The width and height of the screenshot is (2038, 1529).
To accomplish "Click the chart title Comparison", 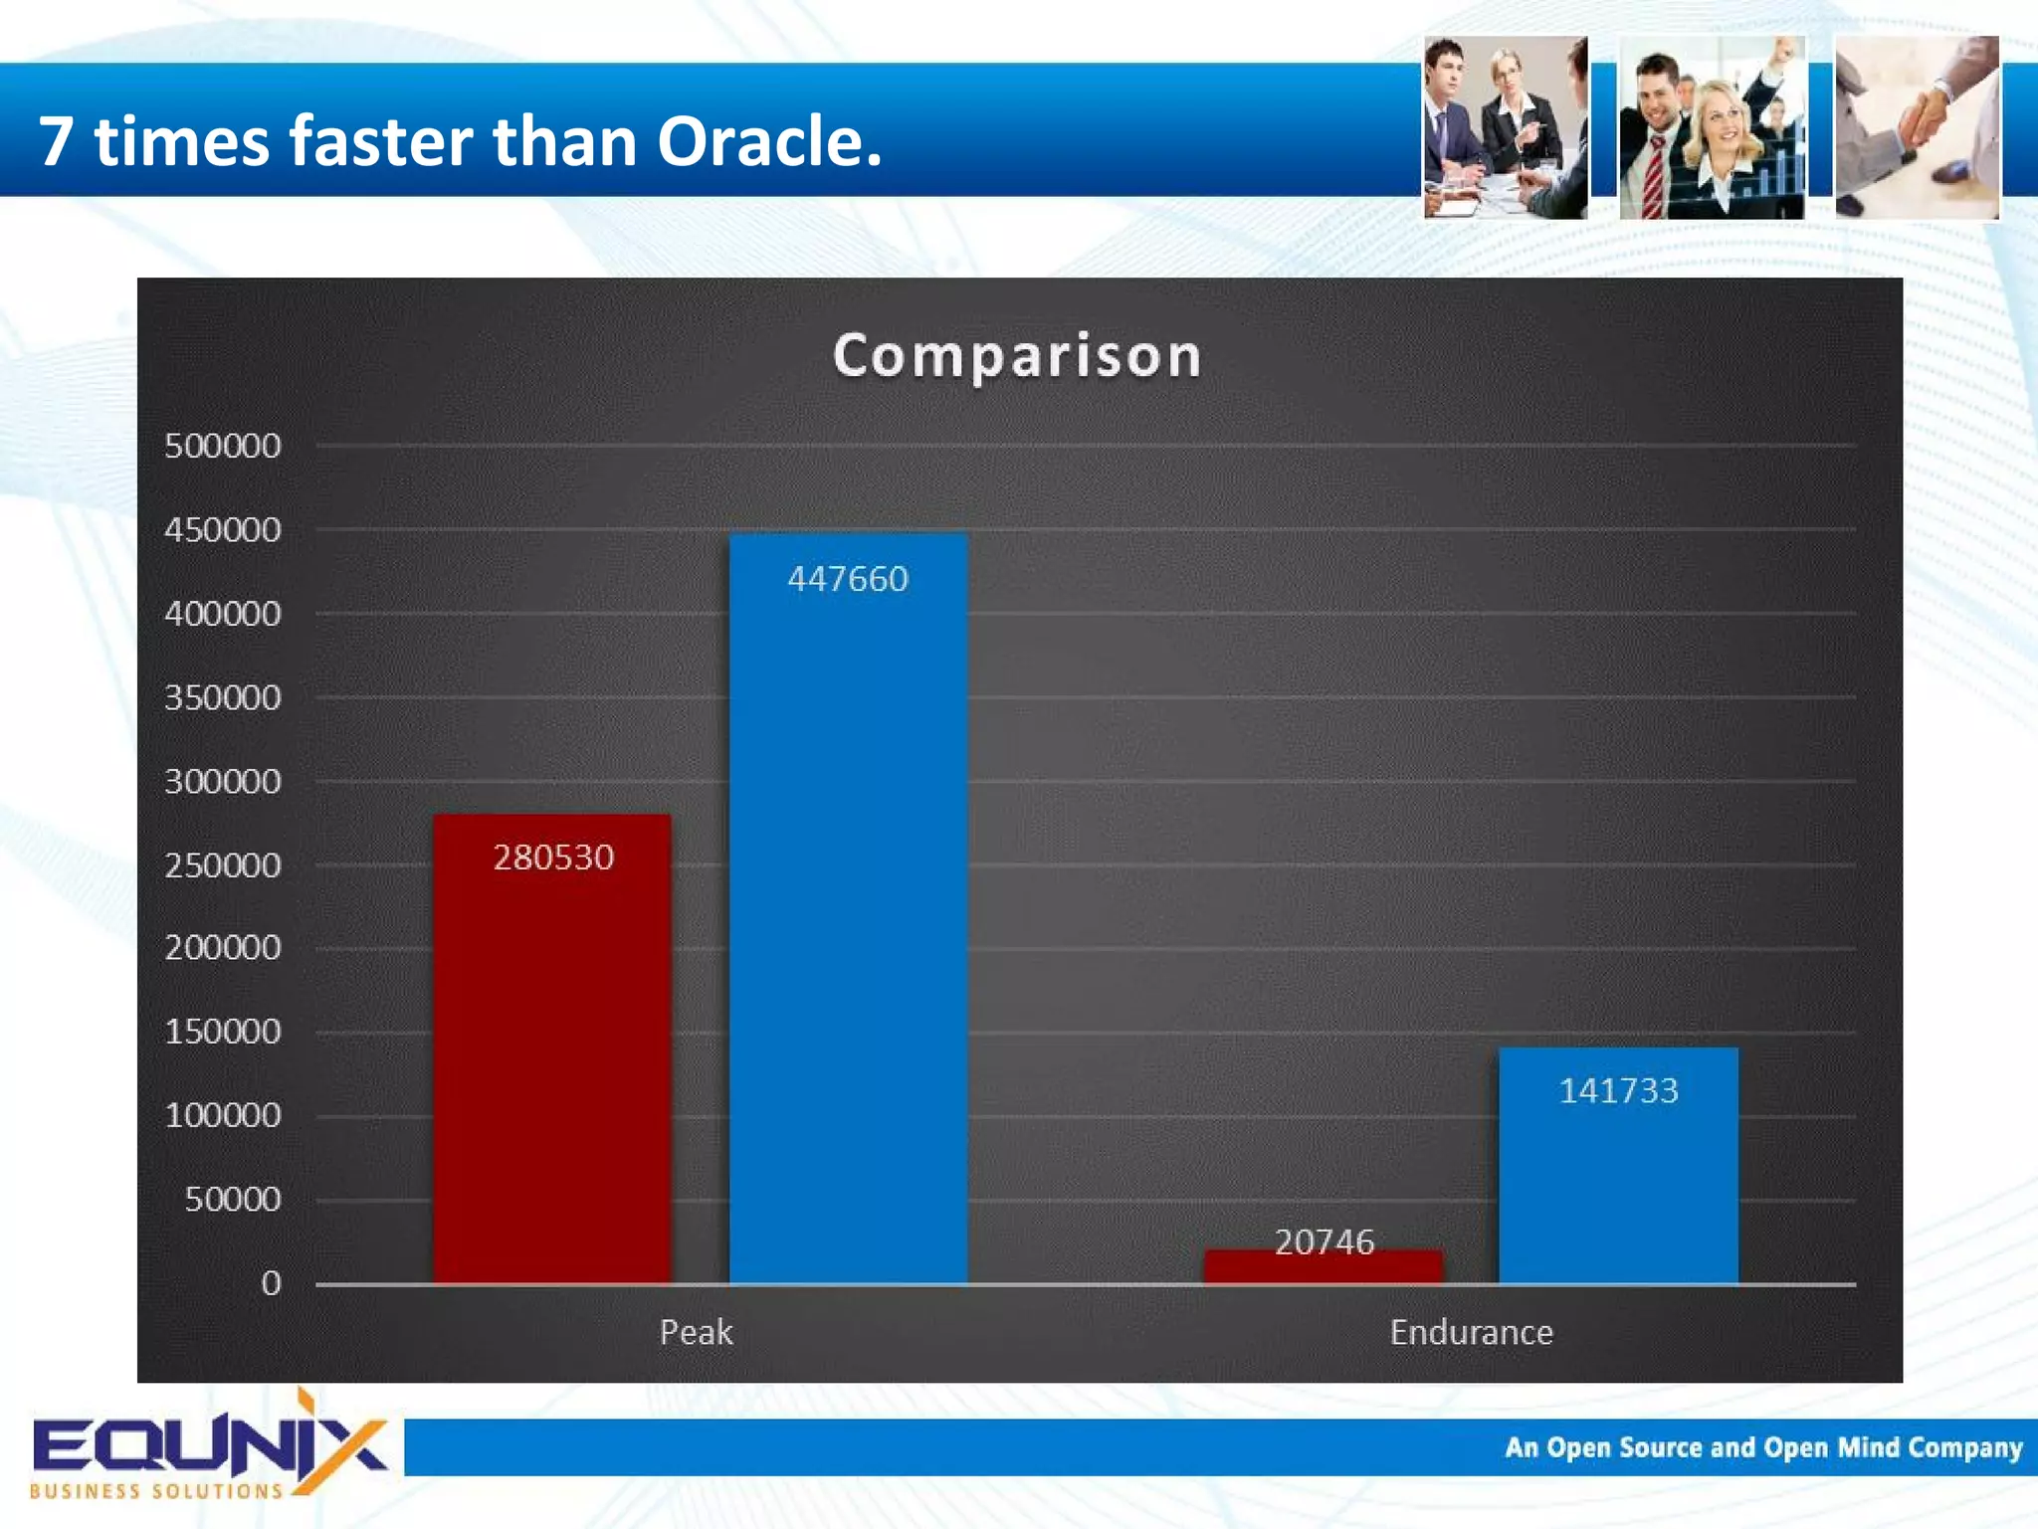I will (1017, 356).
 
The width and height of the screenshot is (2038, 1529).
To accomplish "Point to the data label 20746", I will (1324, 1242).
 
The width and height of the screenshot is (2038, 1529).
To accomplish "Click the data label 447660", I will (848, 579).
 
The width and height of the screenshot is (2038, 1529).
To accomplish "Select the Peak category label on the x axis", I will (696, 1332).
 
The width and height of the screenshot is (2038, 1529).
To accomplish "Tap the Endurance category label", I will (1471, 1332).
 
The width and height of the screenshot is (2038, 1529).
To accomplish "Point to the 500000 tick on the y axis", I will (223, 446).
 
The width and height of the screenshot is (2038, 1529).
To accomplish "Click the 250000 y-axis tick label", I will (223, 865).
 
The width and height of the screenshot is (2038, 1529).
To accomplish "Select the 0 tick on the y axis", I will (271, 1283).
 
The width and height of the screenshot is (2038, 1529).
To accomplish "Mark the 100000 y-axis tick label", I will (223, 1115).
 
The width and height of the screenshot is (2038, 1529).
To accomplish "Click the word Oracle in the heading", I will (768, 141).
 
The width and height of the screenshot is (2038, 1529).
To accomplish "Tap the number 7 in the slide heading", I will (56, 141).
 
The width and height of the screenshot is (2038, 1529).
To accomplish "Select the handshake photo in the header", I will (1917, 127).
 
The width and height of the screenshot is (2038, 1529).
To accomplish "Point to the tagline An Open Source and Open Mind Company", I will (1763, 1447).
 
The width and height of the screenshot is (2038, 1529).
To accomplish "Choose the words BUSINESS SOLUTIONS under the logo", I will (156, 1491).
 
